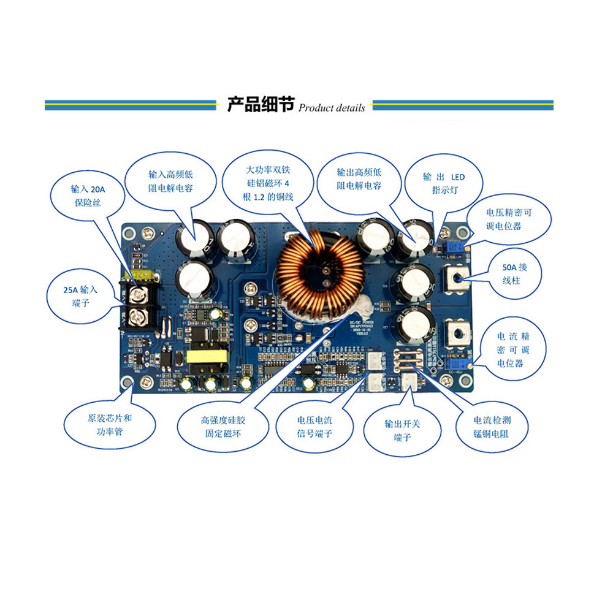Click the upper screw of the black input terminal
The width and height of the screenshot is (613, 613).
(139, 295)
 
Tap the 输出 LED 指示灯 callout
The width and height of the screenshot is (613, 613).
(444, 183)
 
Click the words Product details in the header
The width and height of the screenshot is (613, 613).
(332, 108)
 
